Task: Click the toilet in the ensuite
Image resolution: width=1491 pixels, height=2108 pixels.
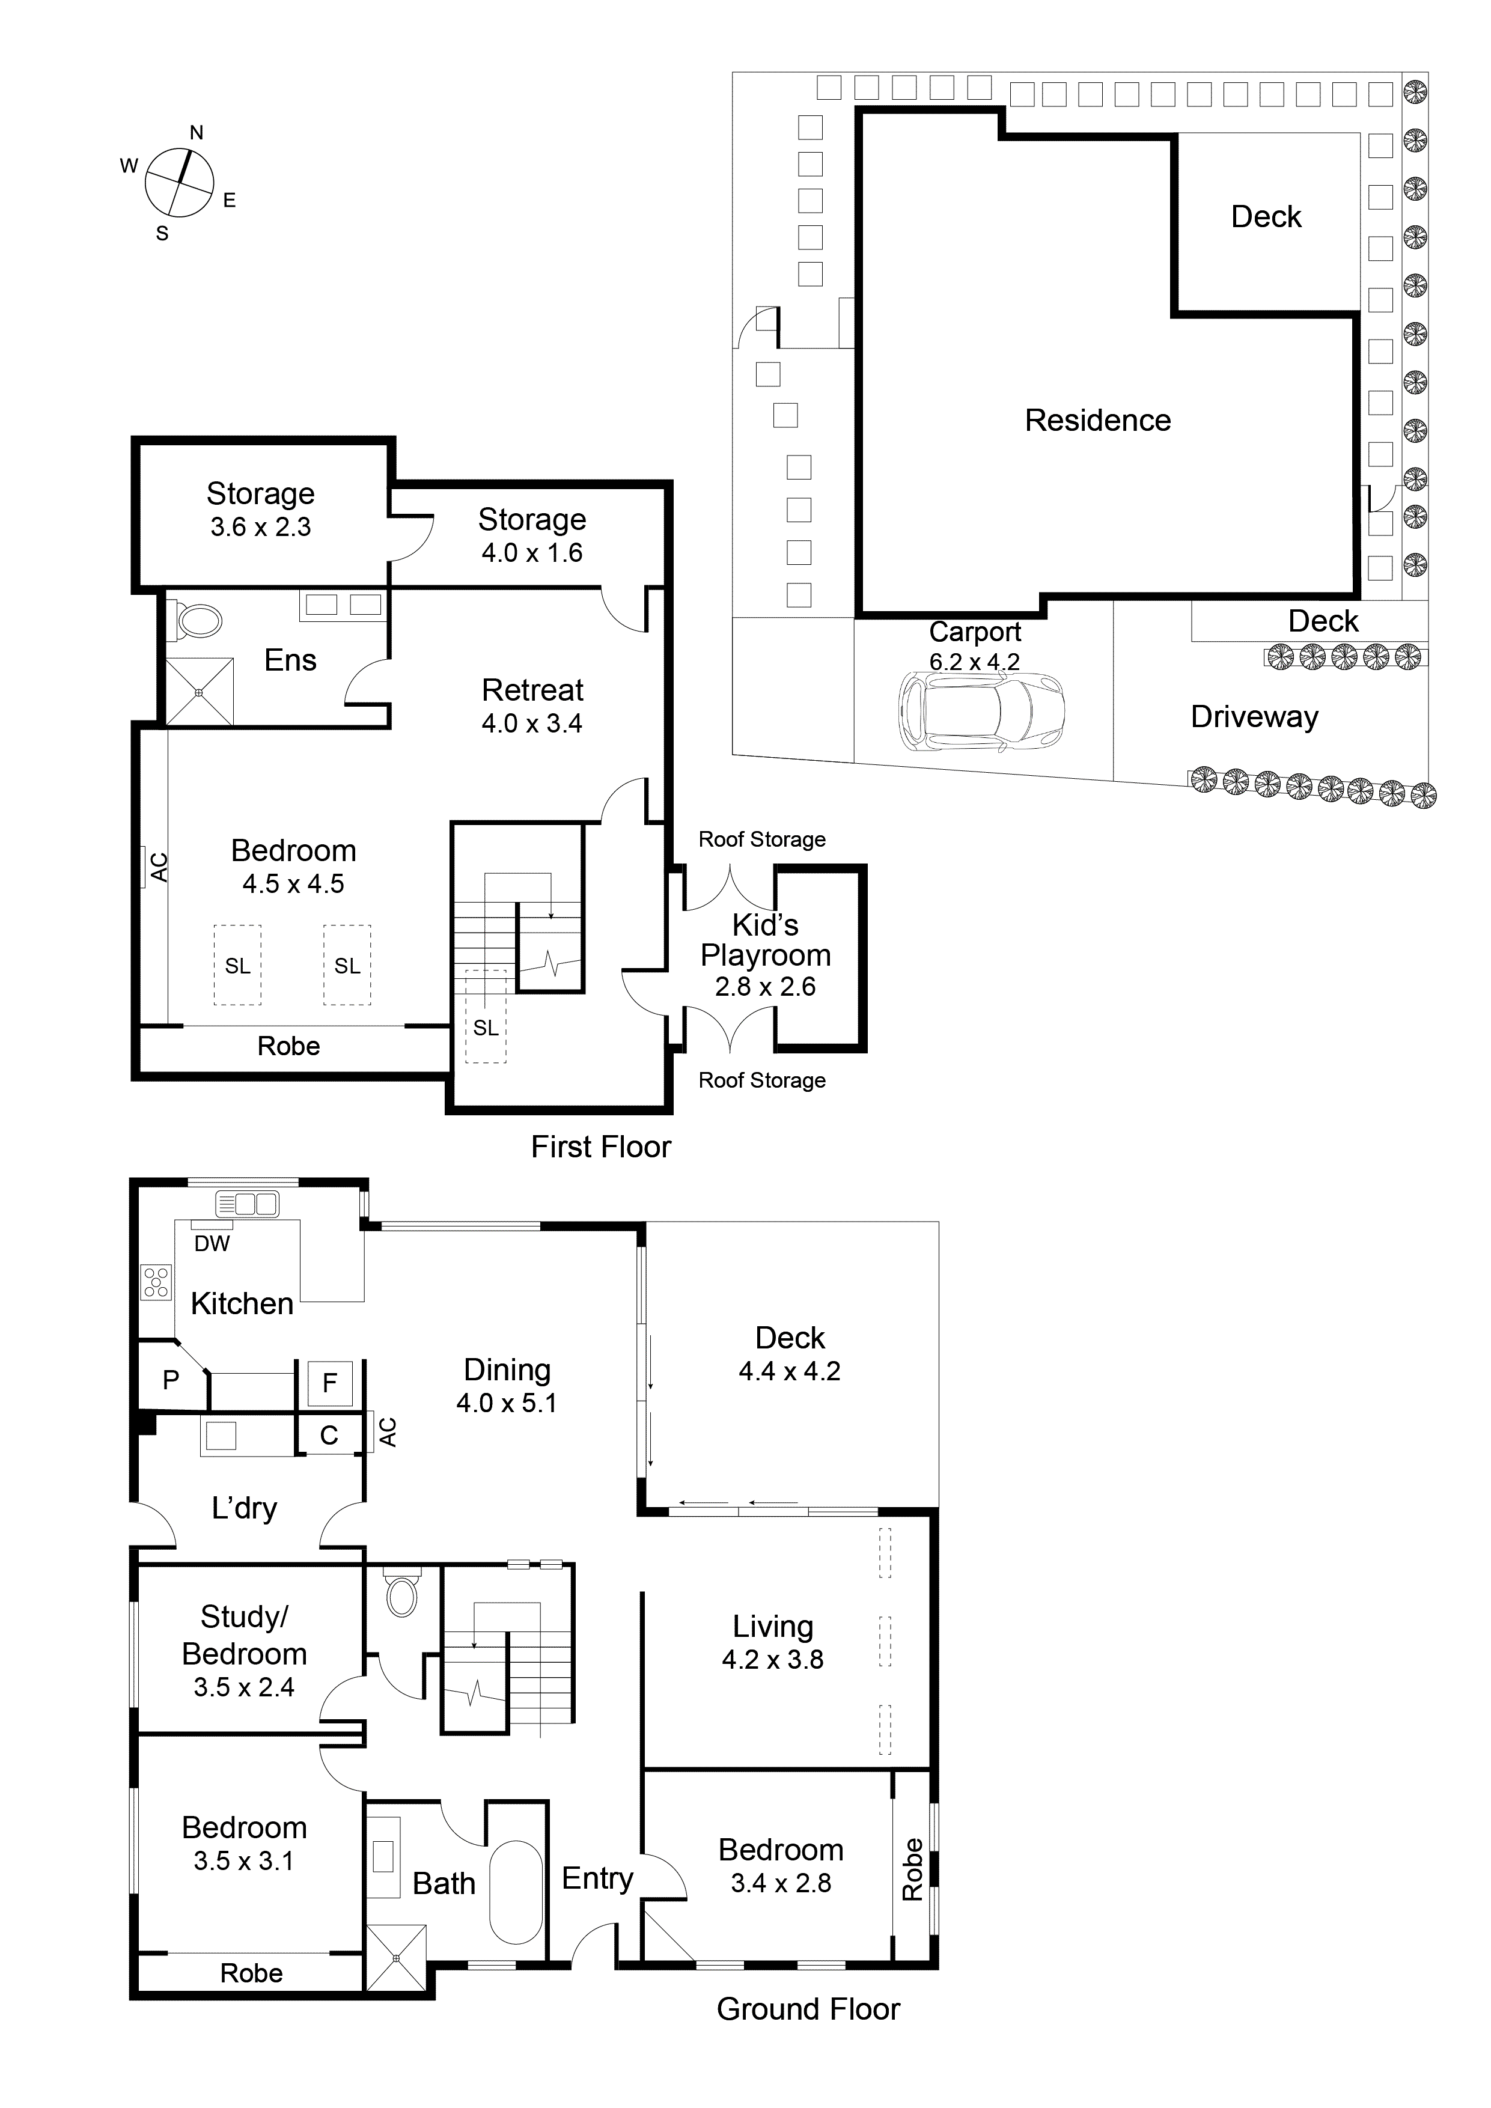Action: [198, 621]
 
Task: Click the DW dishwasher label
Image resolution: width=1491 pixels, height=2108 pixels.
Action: [212, 1243]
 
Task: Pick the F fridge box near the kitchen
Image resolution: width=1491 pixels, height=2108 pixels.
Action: [329, 1381]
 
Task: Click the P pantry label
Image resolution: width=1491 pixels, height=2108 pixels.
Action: [171, 1379]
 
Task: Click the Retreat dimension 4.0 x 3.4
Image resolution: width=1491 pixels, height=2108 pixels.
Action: [532, 723]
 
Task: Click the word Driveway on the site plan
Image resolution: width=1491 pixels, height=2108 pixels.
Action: [1254, 717]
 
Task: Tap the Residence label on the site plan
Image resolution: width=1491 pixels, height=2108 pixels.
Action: [1097, 421]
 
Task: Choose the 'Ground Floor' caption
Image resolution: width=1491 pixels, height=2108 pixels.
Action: [808, 2009]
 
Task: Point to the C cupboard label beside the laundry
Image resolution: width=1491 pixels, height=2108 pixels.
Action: [329, 1435]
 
